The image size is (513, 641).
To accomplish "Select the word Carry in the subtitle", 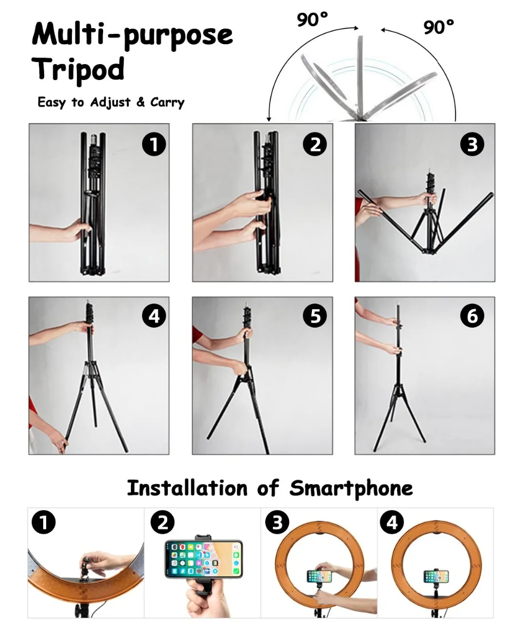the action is [167, 103].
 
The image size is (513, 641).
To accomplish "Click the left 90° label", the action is [312, 19].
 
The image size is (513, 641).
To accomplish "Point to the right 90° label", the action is [439, 27].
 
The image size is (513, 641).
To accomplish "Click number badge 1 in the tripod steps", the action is [154, 145].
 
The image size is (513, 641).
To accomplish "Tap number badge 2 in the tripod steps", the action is [315, 145].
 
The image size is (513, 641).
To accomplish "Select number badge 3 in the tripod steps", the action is [472, 145].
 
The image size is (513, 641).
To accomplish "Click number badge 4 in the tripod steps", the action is [154, 316].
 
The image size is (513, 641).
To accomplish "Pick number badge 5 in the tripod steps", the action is [315, 316].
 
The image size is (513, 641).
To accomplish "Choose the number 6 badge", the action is [472, 316].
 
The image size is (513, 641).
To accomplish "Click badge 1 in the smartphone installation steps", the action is [44, 522].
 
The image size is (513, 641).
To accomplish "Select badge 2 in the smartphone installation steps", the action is [163, 522].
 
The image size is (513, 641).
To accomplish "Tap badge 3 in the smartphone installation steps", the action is [277, 522].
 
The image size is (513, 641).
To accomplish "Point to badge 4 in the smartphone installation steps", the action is [392, 522].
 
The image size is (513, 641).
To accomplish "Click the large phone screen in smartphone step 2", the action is [204, 559].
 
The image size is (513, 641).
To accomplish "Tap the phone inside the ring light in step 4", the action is [436, 576].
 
